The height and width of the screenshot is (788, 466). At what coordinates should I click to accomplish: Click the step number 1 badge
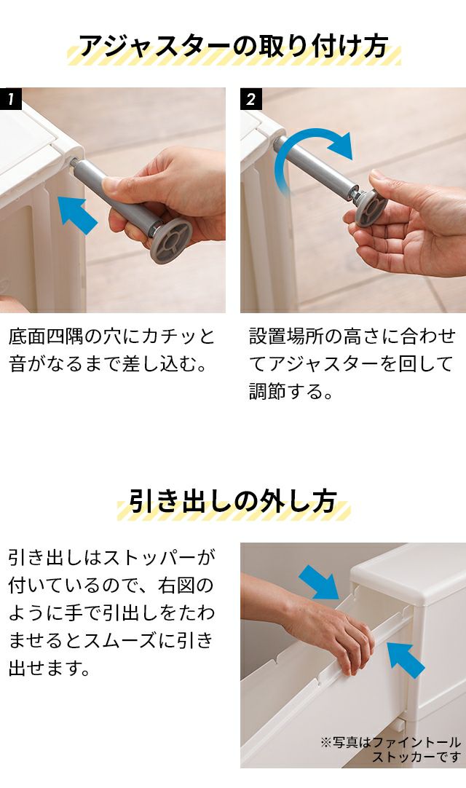(10, 99)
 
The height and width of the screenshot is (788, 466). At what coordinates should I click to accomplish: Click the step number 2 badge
(251, 99)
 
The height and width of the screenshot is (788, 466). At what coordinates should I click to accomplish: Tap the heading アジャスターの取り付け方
(234, 47)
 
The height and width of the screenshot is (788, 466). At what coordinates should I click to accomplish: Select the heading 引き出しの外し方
(233, 501)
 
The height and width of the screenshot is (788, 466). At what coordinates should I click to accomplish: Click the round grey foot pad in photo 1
(171, 241)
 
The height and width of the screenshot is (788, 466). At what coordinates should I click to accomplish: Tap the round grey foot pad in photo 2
(371, 208)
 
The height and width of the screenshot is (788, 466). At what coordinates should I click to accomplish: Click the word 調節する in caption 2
(291, 391)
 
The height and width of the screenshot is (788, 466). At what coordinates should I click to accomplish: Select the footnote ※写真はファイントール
(390, 742)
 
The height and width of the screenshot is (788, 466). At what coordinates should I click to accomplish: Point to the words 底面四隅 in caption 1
(46, 336)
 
